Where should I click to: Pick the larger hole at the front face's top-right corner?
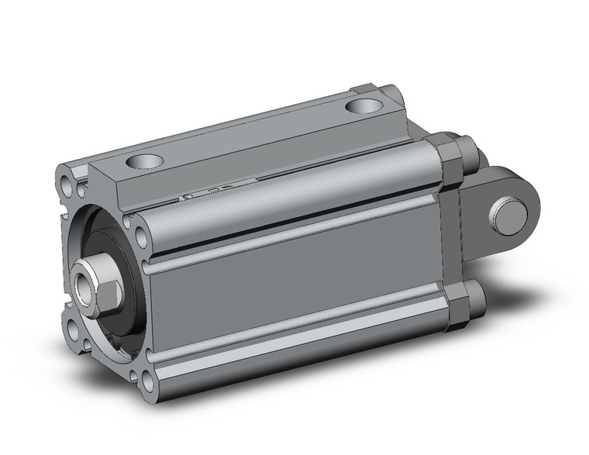tap(139, 235)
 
